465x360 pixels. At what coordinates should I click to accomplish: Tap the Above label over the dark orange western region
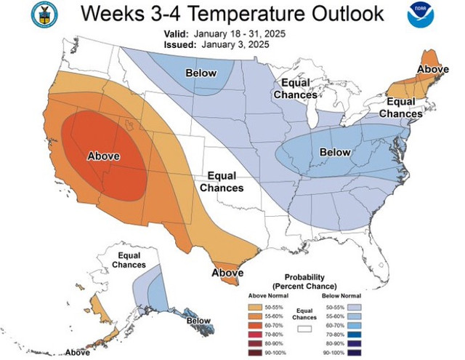pos(103,156)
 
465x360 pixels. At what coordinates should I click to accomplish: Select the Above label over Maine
pos(433,69)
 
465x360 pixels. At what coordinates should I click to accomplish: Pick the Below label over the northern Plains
pos(201,73)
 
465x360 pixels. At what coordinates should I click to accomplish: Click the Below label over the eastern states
pos(336,152)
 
